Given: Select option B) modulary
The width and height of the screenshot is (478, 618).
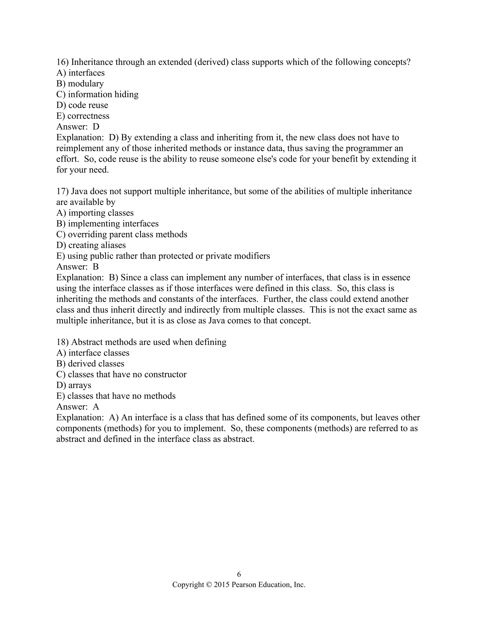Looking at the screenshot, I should coord(80,83).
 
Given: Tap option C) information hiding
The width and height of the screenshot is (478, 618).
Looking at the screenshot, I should coord(97,94).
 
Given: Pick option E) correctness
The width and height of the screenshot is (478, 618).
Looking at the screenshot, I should coord(82,116).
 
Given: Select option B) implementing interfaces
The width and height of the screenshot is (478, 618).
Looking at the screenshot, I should coord(107,224).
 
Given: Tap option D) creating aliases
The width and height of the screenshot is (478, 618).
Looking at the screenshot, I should coord(91,245).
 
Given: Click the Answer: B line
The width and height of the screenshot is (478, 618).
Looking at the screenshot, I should coord(77,267).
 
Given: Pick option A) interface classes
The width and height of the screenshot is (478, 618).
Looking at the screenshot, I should coord(93,353).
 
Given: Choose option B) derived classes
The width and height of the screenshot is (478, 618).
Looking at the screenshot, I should coord(90,364).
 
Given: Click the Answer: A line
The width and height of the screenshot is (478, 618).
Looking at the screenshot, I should coord(77,407).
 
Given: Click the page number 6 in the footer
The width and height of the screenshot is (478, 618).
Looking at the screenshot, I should coord(239,574).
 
